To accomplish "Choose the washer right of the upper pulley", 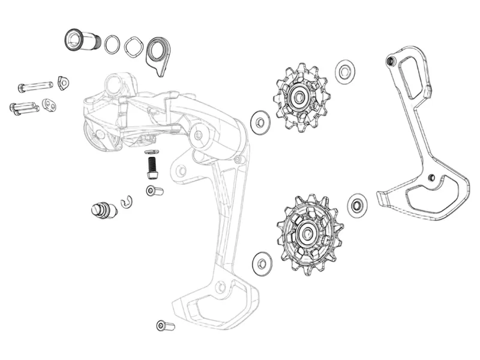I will click(344, 71).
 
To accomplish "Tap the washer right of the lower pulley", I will click(358, 205).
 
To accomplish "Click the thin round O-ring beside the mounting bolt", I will click(112, 44).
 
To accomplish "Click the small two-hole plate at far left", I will click(50, 106).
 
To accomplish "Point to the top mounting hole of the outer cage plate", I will click(391, 62).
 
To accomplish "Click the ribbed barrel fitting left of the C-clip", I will click(101, 211).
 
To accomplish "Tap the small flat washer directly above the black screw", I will click(152, 151).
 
